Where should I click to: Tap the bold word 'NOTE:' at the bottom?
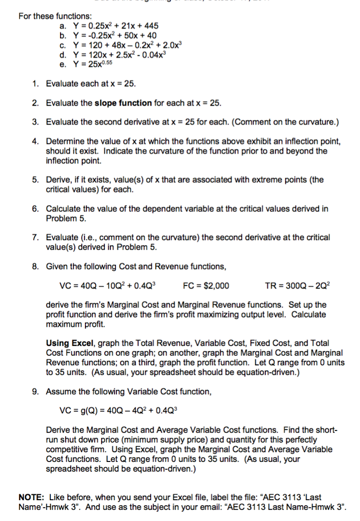click(x=32, y=497)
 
